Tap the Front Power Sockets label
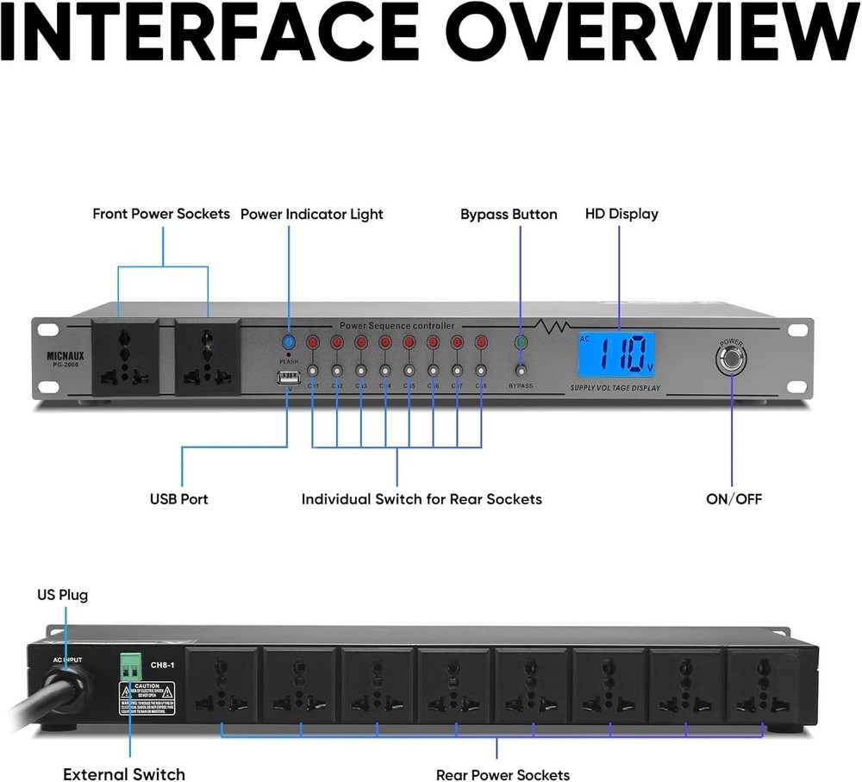coord(161,214)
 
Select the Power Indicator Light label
coord(311,214)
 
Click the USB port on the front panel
coord(288,378)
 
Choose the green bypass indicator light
coord(521,343)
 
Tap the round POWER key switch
coord(731,357)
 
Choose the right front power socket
coord(208,356)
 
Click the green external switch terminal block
coord(130,666)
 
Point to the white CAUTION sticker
coord(147,697)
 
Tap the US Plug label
coord(62,595)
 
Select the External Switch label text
coord(123,774)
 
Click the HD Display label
coord(622,214)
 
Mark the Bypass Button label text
coord(509,214)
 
